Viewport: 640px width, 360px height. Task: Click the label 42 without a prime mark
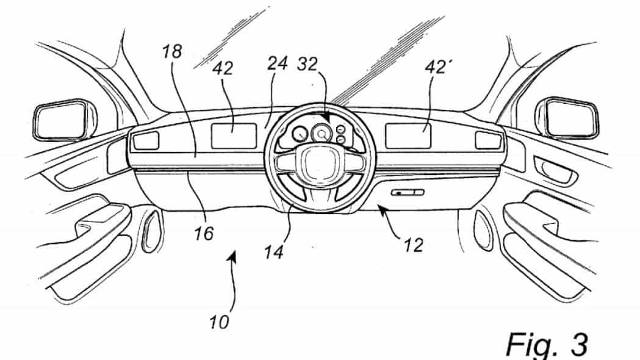pyautogui.click(x=223, y=69)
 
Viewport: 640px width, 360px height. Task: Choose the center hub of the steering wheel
pyautogui.click(x=315, y=165)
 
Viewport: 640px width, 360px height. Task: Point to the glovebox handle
pyautogui.click(x=408, y=193)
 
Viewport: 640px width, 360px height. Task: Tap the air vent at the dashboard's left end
pyautogui.click(x=145, y=142)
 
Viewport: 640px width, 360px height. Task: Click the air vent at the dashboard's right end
pyautogui.click(x=488, y=140)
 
